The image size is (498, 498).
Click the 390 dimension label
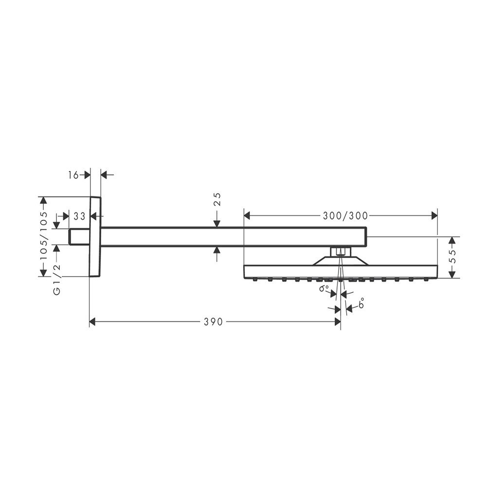tap(213, 322)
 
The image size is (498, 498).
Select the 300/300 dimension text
tap(345, 216)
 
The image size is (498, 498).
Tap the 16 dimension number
tap(73, 175)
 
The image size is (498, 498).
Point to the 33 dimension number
tap(79, 216)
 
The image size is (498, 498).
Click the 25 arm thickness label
tap(217, 199)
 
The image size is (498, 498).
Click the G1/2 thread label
tap(57, 280)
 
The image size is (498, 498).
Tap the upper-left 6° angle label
tap(324, 288)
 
